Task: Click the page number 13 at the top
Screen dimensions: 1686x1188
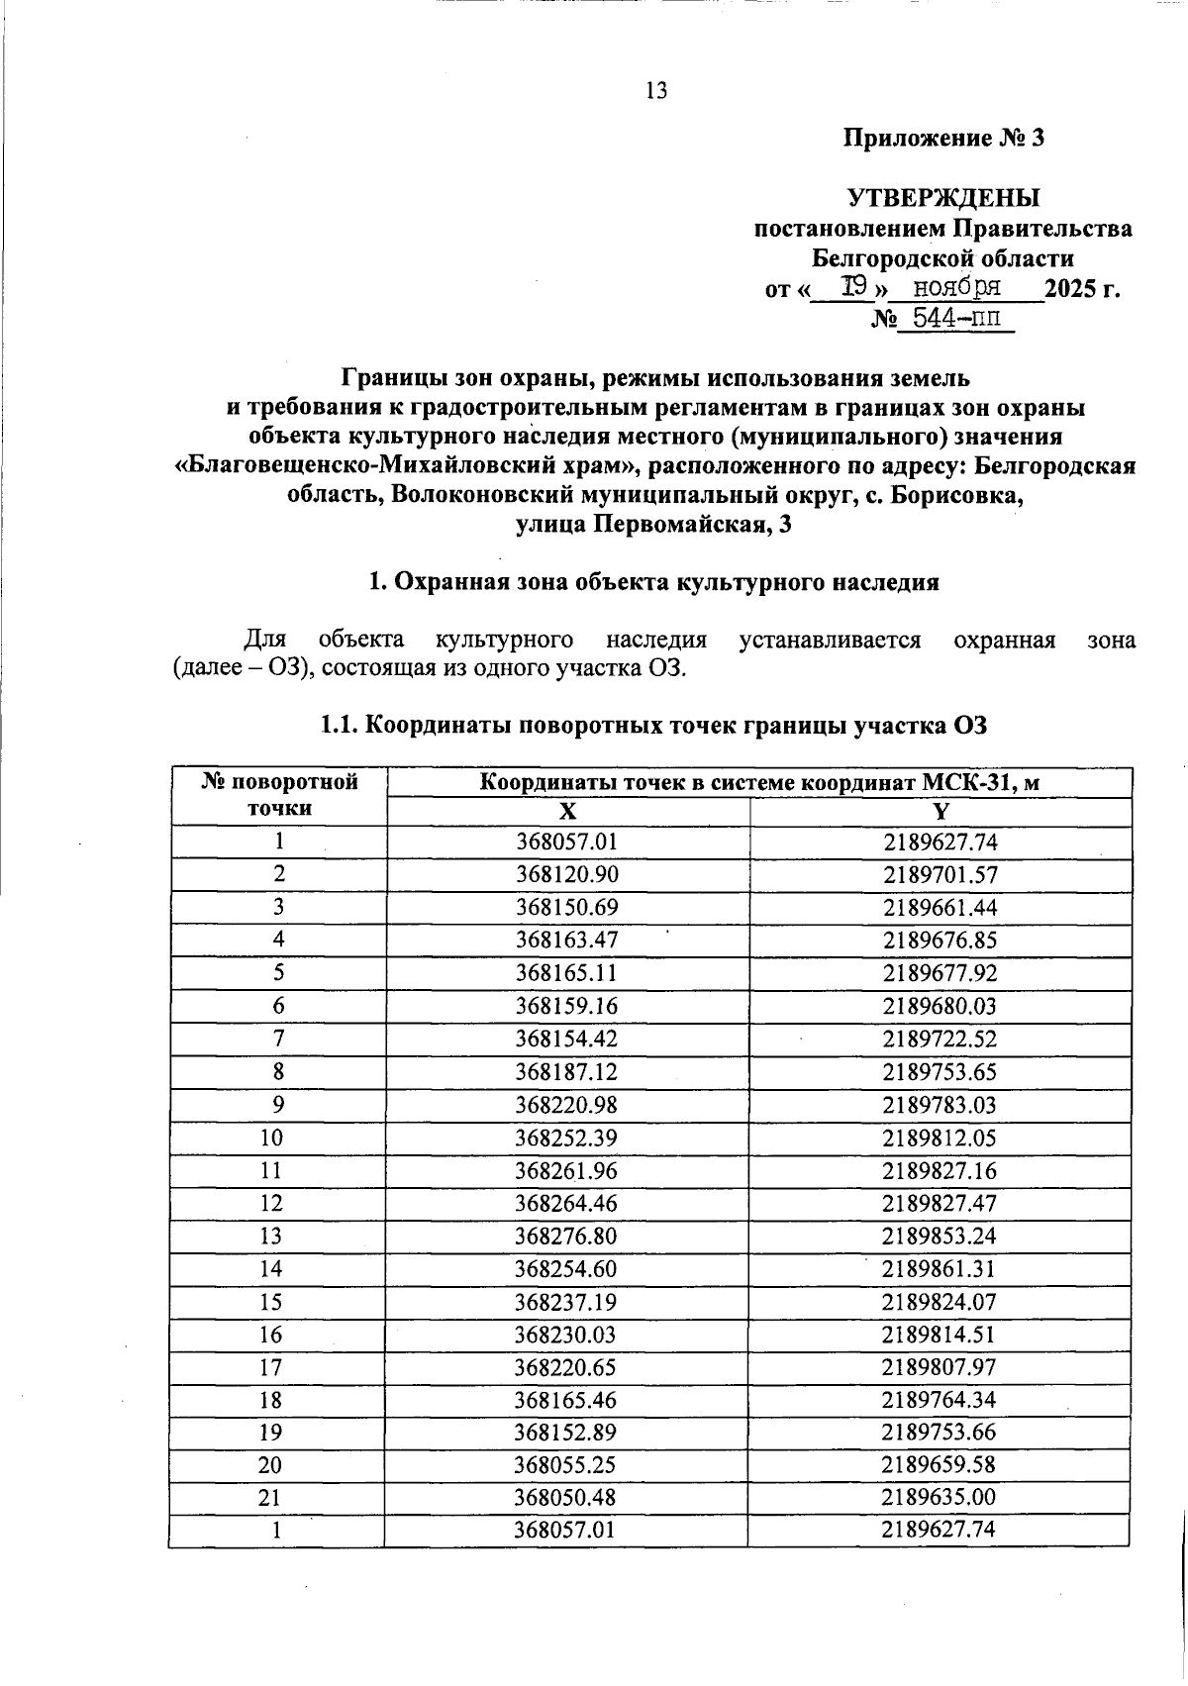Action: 656,91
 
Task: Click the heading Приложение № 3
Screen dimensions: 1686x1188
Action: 943,139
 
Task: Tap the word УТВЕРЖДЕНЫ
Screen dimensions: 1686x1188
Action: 943,198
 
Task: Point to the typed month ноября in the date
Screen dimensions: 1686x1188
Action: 955,288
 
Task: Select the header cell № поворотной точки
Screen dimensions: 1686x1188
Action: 278,795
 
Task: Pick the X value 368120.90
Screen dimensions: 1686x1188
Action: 566,874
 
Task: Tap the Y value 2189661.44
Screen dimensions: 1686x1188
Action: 940,908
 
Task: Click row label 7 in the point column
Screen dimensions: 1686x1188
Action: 278,1039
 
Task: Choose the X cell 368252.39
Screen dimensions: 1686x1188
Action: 566,1138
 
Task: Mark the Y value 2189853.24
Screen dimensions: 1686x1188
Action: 940,1237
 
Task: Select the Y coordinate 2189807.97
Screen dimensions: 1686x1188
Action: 940,1367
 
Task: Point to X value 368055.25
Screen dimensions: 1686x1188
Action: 566,1465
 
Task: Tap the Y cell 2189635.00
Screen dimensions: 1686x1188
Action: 940,1498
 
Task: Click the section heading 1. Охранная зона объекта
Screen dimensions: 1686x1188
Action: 653,582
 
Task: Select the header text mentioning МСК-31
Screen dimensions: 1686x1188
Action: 759,783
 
